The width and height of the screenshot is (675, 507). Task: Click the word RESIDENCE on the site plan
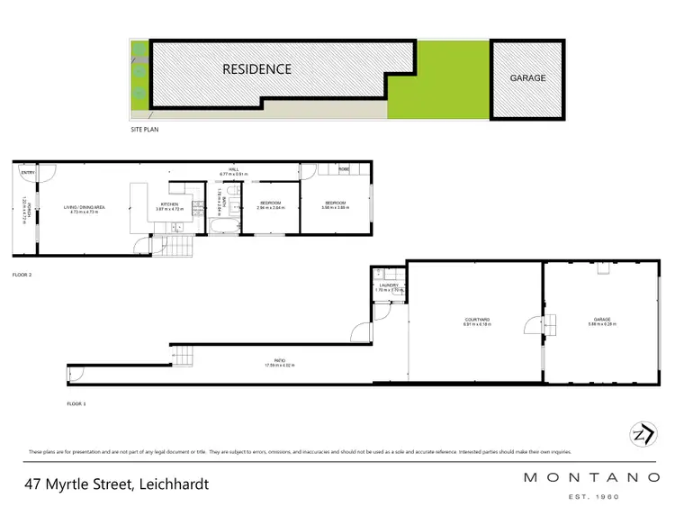[257, 68]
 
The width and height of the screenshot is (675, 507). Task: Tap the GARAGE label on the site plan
[527, 78]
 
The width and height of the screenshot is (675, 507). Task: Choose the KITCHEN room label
[170, 204]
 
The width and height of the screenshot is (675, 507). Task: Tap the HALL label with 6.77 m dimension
[232, 169]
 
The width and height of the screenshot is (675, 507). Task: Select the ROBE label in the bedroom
[344, 169]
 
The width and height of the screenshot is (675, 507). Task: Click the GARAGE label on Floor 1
[603, 321]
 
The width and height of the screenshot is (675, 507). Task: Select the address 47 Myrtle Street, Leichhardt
[117, 484]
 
